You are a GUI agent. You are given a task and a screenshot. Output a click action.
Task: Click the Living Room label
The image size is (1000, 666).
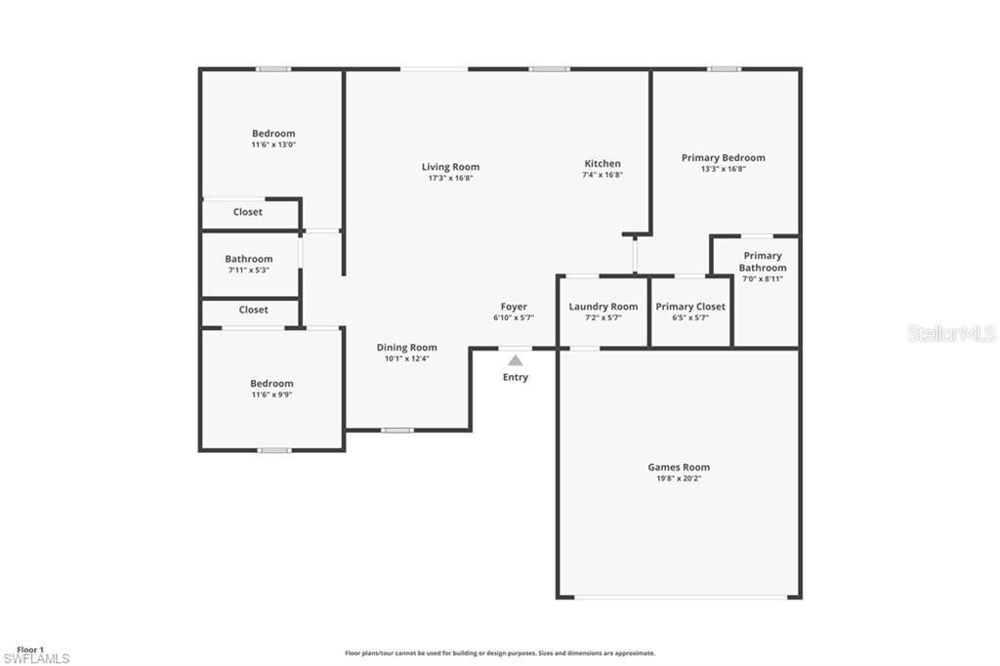pos(450,167)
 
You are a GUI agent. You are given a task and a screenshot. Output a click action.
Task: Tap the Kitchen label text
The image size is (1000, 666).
pos(603,164)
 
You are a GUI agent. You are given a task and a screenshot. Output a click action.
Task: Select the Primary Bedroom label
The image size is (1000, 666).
pos(723,157)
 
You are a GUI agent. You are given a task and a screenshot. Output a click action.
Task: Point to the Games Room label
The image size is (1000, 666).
pos(679,467)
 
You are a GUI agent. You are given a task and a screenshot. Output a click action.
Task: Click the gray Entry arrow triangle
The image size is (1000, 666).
pos(515,360)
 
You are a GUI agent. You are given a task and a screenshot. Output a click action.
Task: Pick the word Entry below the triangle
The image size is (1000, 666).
pos(515,378)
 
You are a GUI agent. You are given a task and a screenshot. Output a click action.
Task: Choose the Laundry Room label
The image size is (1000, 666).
pos(603,307)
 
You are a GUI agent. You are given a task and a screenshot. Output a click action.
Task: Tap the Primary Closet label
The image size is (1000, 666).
pos(690,307)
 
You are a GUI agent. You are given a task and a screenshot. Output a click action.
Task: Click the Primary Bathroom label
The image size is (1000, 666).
pos(762,262)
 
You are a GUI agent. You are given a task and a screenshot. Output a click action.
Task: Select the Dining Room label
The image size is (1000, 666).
pos(406,348)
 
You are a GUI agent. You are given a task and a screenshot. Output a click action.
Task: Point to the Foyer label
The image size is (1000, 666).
pos(514,307)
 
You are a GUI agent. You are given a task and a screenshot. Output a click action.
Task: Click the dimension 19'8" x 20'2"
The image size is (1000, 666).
pos(679,479)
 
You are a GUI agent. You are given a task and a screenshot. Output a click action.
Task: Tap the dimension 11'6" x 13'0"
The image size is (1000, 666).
pos(273,145)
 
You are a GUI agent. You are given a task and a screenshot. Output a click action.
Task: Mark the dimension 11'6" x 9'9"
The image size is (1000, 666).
pos(271,395)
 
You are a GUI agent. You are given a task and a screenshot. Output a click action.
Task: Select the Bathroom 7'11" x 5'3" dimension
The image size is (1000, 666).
pos(249,270)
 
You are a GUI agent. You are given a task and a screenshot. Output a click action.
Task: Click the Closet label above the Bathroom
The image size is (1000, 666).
pos(247,212)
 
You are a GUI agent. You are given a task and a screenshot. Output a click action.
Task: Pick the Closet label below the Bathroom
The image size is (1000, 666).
pos(253,310)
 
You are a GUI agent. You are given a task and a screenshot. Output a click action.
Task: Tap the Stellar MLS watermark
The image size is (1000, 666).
pos(951,334)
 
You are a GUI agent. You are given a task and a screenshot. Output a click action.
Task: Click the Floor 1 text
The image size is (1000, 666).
pos(30,649)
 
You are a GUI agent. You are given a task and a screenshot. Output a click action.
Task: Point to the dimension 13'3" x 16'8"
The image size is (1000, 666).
pos(723,169)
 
